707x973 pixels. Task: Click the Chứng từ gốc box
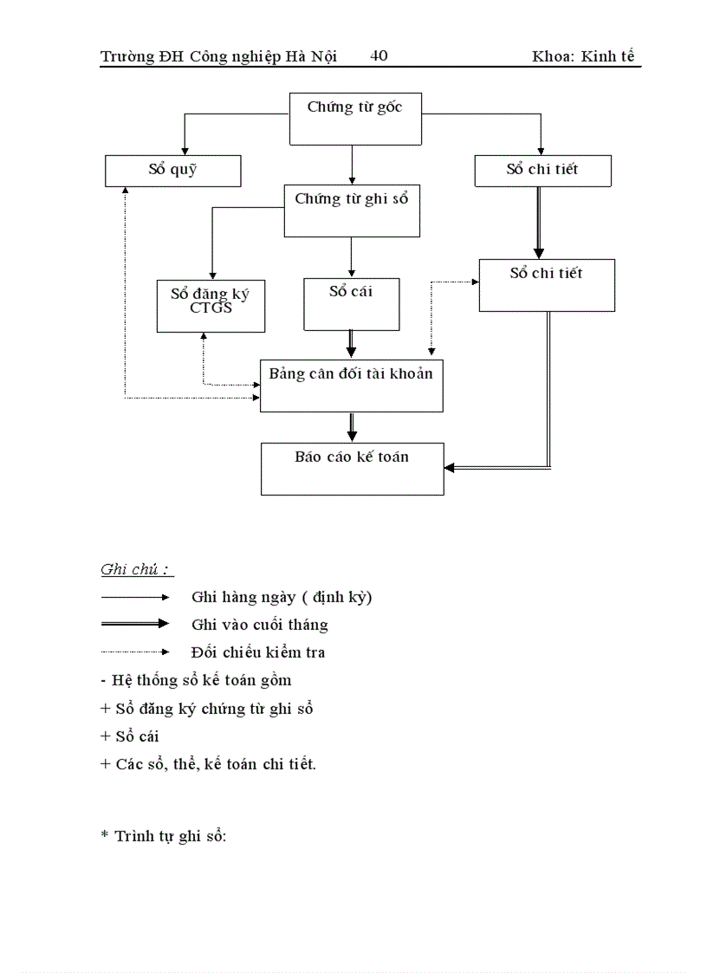point(354,119)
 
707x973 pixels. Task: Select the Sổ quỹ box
point(172,171)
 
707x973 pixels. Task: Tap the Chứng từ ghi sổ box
point(351,210)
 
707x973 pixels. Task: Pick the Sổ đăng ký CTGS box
point(211,306)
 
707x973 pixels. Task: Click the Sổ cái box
point(351,303)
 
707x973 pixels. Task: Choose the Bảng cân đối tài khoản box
point(351,386)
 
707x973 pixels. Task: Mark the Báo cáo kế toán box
point(352,469)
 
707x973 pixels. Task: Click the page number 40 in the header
point(379,56)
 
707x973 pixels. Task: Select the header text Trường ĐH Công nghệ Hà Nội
point(217,57)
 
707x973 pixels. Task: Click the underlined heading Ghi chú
point(135,570)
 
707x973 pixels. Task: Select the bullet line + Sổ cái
point(130,736)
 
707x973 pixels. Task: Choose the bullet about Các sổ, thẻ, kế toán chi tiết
point(208,764)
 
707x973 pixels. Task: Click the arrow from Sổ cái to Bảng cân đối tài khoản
point(351,344)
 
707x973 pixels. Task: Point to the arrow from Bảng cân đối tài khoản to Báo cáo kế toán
point(351,427)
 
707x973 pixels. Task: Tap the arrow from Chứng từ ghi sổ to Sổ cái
point(351,256)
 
